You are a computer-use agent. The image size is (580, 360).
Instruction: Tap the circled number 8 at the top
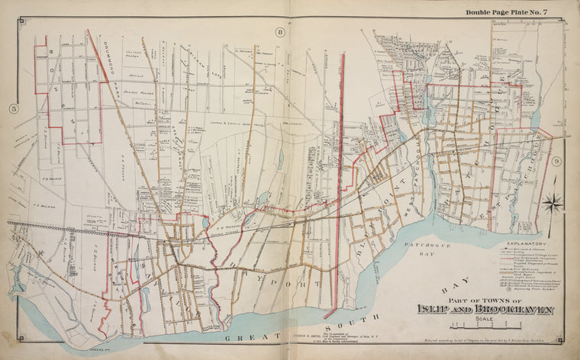280,32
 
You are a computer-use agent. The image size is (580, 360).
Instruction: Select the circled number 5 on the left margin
13,108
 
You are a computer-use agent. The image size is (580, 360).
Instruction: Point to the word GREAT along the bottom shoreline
243,336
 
